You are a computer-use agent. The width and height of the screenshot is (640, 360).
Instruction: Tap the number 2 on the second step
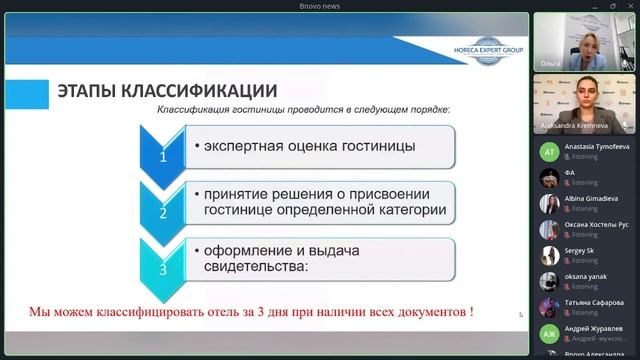[163, 213]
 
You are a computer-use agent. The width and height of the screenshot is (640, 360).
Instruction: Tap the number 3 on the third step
[163, 269]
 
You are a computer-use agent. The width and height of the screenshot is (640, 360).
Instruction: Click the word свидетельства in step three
[255, 267]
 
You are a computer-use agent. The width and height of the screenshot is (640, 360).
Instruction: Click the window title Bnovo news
[320, 6]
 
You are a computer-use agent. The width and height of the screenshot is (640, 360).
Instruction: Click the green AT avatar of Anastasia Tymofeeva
[548, 152]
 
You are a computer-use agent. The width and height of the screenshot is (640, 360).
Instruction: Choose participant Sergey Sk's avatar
[548, 256]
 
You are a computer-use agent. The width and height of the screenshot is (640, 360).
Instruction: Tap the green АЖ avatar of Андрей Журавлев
[548, 333]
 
